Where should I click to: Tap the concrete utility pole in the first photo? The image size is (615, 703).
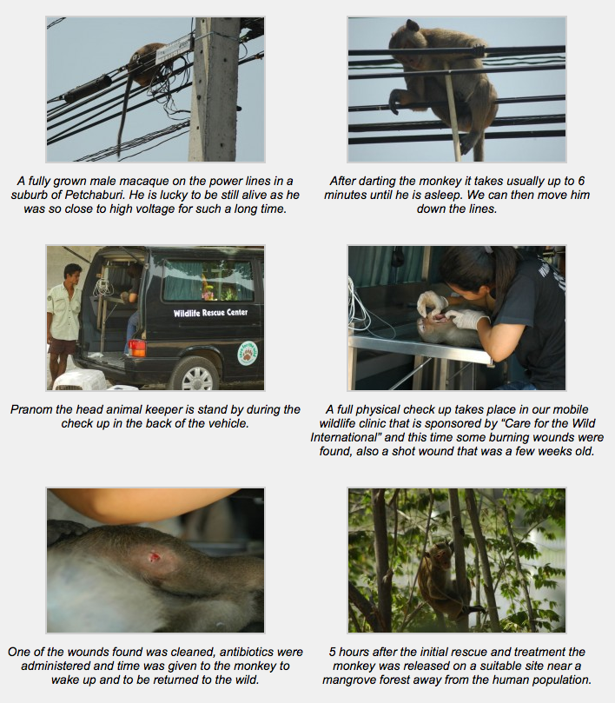(215, 90)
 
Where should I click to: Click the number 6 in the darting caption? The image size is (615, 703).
(581, 181)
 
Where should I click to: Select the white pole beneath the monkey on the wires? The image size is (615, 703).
(453, 112)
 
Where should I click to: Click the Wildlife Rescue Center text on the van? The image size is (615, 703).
(211, 313)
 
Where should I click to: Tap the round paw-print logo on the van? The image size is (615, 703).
(248, 354)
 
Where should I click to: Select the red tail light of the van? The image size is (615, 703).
(136, 348)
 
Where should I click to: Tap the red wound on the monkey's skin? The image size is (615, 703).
(154, 557)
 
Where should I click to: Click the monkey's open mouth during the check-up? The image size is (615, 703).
(440, 318)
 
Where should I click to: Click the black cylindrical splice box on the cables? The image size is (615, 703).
(88, 89)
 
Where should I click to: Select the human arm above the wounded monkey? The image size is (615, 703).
(143, 504)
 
